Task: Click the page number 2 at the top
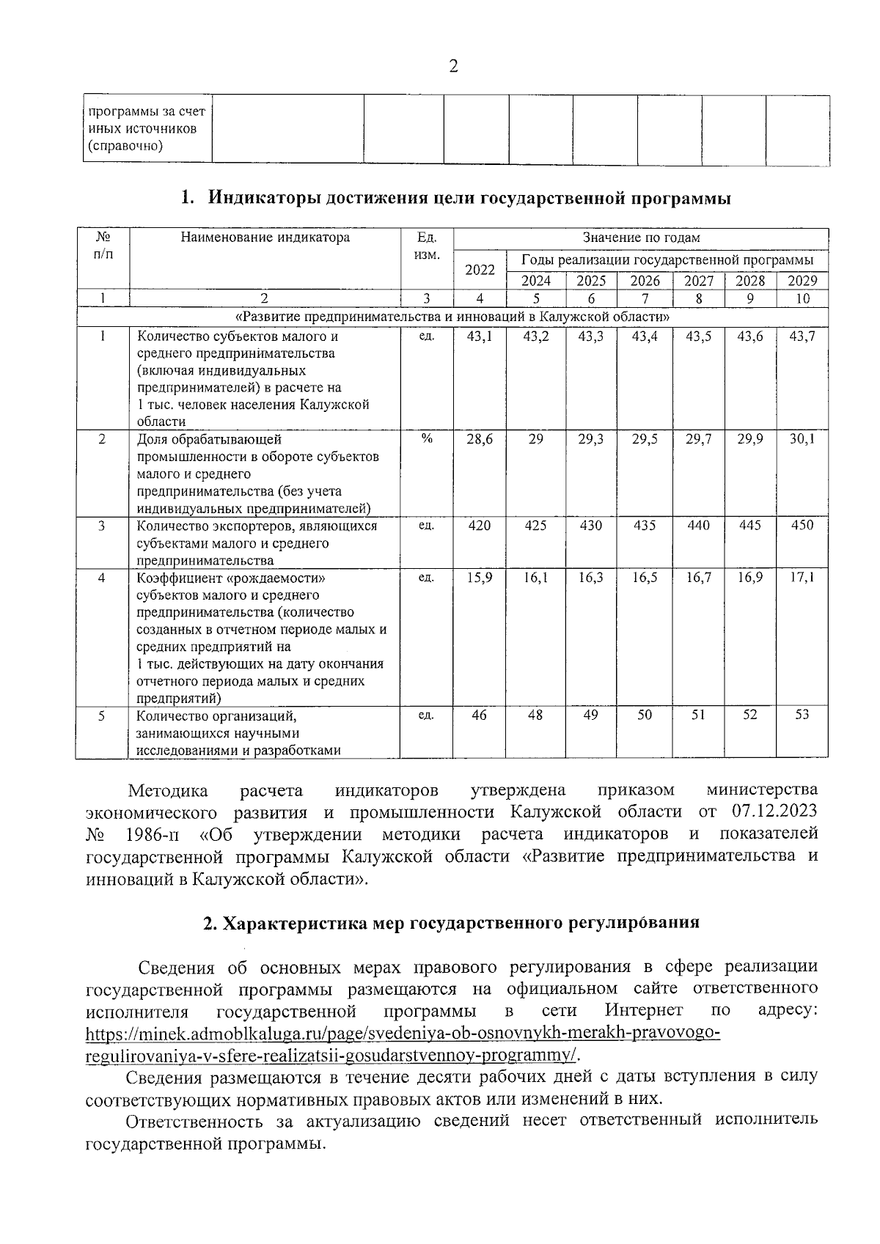[452, 67]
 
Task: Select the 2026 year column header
[645, 281]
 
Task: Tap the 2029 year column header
[802, 281]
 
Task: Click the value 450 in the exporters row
[802, 526]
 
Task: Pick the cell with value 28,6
[480, 439]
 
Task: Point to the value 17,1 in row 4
[802, 578]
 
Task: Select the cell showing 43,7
[802, 336]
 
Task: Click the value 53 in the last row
[802, 715]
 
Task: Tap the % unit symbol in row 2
[427, 438]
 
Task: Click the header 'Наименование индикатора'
[265, 238]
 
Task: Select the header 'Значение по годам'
[641, 238]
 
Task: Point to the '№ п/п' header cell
[103, 245]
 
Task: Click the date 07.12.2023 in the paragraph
[774, 812]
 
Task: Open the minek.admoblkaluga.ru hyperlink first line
[403, 1034]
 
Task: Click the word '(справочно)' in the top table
[125, 146]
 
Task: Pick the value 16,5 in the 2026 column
[645, 578]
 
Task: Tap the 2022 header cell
[480, 270]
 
